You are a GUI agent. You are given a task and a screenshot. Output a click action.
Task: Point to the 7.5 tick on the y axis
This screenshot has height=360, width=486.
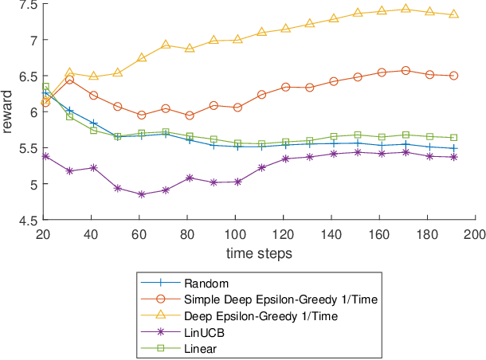29,5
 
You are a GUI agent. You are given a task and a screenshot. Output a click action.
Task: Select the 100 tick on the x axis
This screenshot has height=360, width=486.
236,235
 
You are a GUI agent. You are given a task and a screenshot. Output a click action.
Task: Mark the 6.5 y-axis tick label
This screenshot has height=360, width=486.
29,76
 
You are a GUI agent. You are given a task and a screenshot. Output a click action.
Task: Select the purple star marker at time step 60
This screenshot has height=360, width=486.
141,194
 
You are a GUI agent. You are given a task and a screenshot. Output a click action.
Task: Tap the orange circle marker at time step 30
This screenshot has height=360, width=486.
69,79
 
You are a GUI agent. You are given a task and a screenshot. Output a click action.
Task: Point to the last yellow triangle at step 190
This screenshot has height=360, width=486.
453,14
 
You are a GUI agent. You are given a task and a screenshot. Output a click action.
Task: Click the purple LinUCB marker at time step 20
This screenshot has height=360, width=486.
45,156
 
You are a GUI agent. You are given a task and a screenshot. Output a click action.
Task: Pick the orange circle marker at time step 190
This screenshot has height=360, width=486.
453,76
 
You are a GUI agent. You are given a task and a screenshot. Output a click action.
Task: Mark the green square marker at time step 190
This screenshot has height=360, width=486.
453,138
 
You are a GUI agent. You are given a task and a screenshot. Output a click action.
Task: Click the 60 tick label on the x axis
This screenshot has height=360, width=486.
140,235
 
